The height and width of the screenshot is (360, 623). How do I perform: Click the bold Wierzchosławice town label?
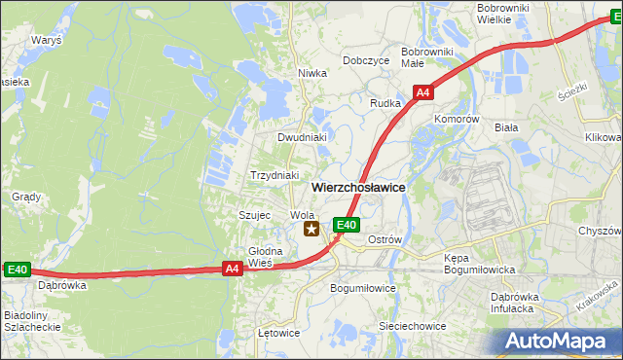pyautogui.click(x=358, y=187)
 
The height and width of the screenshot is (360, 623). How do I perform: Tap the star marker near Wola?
pyautogui.click(x=311, y=230)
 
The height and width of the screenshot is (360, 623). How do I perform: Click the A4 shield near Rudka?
pyautogui.click(x=422, y=93)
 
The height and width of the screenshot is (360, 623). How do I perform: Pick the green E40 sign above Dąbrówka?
pyautogui.click(x=17, y=270)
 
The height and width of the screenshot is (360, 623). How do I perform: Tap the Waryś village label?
pyautogui.click(x=46, y=42)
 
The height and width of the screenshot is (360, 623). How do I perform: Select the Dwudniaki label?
pyautogui.click(x=301, y=138)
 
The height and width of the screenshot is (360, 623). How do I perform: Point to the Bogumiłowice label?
pyautogui.click(x=363, y=289)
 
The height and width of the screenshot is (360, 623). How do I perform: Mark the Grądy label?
pyautogui.click(x=26, y=197)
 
